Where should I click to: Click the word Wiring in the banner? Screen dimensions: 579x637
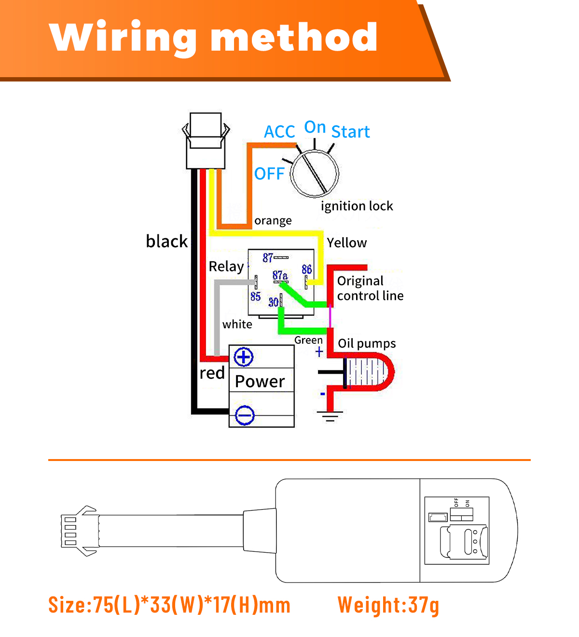click(123, 38)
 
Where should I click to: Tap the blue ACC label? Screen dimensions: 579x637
click(279, 132)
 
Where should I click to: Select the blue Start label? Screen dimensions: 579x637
click(350, 132)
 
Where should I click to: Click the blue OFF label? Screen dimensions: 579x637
click(269, 174)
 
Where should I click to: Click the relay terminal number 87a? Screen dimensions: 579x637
click(280, 275)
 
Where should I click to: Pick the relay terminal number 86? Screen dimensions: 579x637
click(306, 269)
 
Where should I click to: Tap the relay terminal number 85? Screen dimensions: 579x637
click(255, 296)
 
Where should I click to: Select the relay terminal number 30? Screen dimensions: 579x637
click(273, 302)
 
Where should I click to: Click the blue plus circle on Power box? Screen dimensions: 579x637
click(243, 357)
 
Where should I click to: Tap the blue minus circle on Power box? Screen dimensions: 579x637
click(244, 415)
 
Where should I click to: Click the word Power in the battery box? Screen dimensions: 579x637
click(260, 381)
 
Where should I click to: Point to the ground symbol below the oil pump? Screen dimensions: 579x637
click(330, 416)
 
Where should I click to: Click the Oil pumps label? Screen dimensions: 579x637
click(366, 344)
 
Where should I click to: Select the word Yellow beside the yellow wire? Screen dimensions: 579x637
click(347, 243)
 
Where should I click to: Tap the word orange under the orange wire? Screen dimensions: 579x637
click(273, 221)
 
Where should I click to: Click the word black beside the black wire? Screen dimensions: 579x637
click(166, 241)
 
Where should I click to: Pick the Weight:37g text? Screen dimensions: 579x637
click(388, 605)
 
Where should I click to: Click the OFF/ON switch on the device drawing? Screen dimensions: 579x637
click(461, 514)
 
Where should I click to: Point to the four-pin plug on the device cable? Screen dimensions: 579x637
click(80, 530)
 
